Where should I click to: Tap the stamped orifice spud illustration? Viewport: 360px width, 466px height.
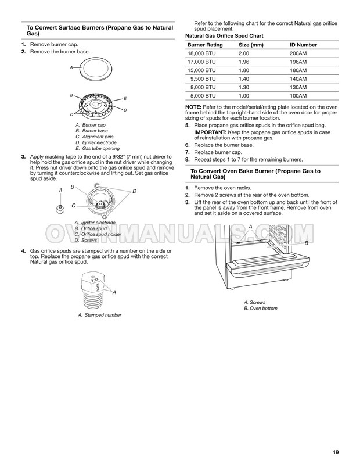(93, 291)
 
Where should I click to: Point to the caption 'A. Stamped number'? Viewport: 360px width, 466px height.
(99, 315)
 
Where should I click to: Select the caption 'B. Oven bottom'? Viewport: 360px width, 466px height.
(260, 308)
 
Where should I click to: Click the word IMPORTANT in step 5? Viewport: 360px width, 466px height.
(210, 132)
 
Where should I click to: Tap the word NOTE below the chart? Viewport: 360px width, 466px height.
(193, 107)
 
